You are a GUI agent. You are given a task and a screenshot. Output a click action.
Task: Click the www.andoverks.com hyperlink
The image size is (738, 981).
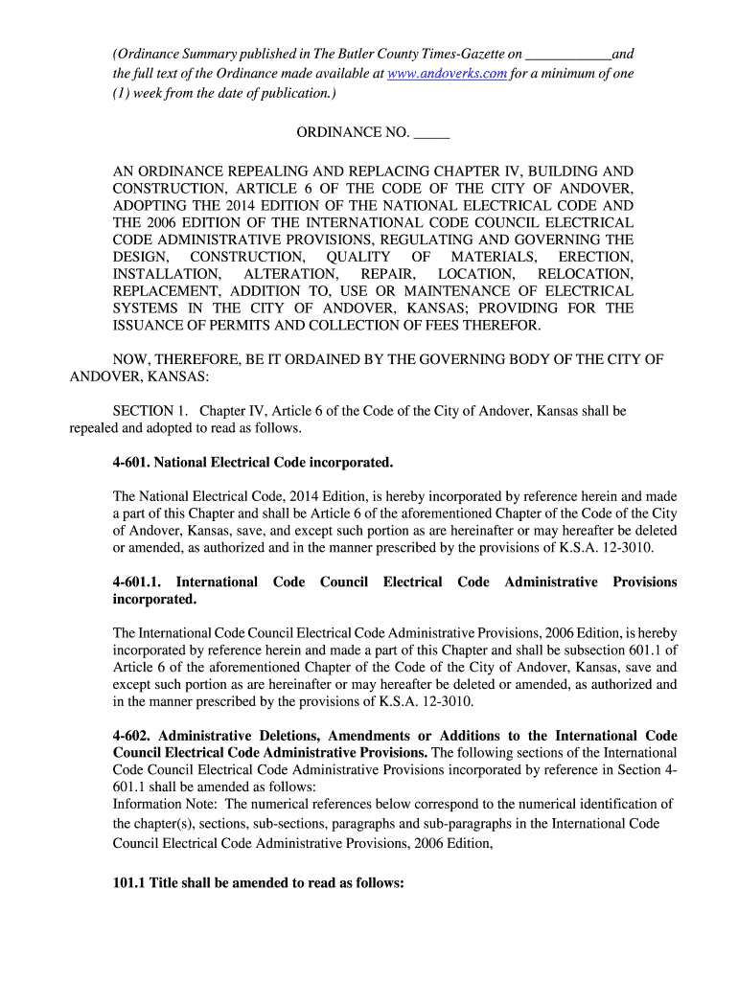pos(447,73)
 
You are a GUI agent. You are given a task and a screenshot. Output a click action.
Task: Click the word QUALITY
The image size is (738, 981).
pos(357,257)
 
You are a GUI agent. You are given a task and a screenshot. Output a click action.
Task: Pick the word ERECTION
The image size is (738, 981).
pos(595,257)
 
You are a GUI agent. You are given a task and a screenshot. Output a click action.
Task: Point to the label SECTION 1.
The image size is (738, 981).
pos(149,411)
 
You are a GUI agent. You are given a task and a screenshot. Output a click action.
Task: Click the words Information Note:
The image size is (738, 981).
pos(165,804)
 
